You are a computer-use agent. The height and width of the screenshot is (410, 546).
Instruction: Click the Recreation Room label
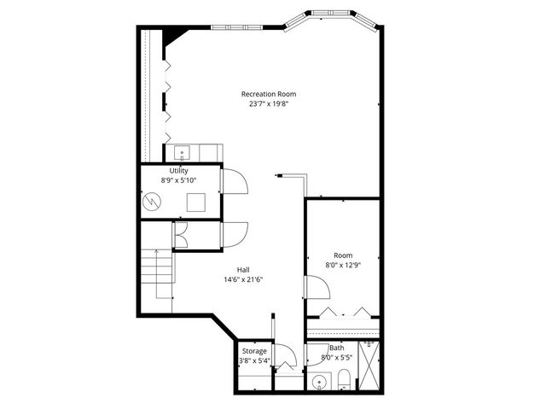coord(269,94)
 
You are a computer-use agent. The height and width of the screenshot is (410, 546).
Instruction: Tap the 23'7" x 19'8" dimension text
coord(269,105)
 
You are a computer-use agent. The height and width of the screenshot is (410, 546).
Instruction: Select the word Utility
coord(178,171)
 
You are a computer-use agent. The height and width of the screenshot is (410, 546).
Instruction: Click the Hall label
coord(243,269)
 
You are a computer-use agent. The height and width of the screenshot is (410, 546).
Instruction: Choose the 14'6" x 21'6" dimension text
coord(243,279)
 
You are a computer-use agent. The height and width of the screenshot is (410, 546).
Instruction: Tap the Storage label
coord(254,351)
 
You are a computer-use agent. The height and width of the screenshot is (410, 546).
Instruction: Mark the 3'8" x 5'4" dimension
coord(254,361)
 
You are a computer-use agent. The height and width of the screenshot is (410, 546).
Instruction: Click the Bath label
coord(338,348)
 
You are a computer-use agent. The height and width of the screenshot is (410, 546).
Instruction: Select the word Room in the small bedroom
coord(343,255)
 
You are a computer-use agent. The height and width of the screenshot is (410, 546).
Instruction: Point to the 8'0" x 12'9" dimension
coord(343,266)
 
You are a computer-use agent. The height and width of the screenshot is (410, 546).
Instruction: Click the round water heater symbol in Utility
coord(152,202)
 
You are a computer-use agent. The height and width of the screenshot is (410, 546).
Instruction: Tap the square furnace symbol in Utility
coord(197,202)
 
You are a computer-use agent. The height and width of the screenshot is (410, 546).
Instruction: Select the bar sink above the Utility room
coord(181,154)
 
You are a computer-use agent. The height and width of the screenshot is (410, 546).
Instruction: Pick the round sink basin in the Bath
coord(319,381)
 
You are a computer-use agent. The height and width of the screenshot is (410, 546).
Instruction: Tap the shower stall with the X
coord(370,365)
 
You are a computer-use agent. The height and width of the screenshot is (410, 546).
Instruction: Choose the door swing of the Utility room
coord(234,182)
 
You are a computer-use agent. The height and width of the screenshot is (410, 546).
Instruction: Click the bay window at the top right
coord(332,16)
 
